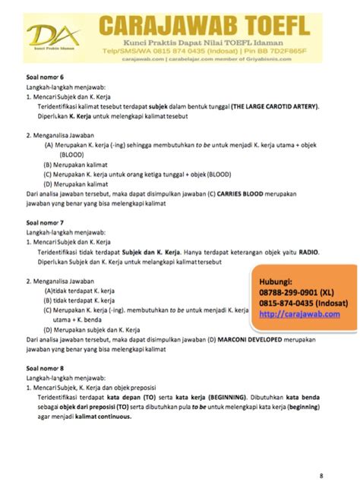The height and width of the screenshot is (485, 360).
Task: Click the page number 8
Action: click(321, 476)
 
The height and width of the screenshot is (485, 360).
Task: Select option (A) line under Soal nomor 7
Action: click(83, 290)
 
